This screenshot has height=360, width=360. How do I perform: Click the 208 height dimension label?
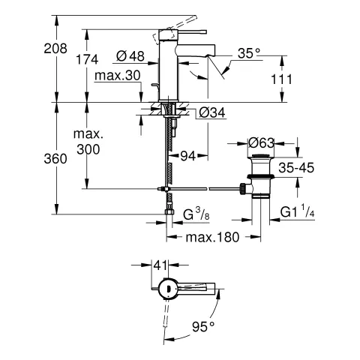(x=55, y=48)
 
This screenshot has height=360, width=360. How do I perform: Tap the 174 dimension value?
(x=87, y=59)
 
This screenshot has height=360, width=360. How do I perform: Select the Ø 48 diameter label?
(x=130, y=56)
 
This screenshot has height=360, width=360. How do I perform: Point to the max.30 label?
(x=118, y=75)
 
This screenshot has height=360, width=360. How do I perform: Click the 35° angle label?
(x=248, y=53)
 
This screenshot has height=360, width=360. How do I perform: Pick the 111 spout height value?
(x=281, y=79)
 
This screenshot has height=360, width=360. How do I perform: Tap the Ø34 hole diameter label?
(x=212, y=113)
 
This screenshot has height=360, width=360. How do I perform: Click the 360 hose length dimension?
(x=55, y=159)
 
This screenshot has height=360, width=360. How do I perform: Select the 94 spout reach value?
(x=187, y=156)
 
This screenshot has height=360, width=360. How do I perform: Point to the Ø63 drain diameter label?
(x=261, y=143)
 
